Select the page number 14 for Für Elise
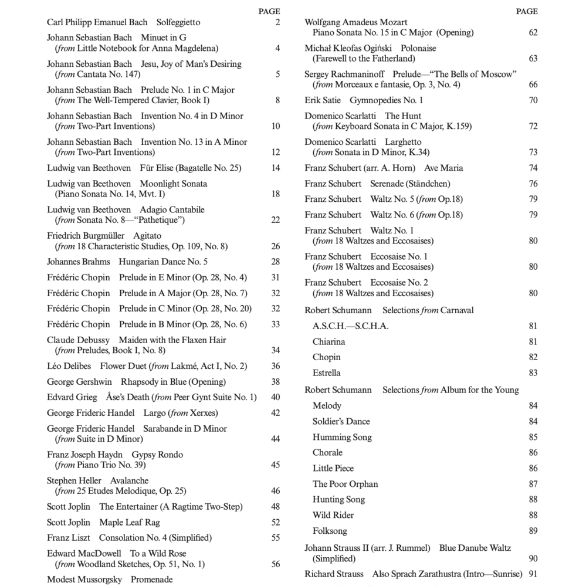pyautogui.click(x=276, y=168)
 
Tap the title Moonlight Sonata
pyautogui.click(x=173, y=184)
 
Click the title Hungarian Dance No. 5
pyautogui.click(x=163, y=262)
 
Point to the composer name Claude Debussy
pyautogui.click(x=78, y=340)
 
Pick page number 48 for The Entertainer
pyautogui.click(x=276, y=507)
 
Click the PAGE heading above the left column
pyautogui.click(x=269, y=11)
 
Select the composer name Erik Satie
pyautogui.click(x=323, y=100)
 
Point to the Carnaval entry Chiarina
pyautogui.click(x=328, y=341)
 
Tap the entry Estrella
pyautogui.click(x=326, y=372)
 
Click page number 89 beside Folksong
pyautogui.click(x=533, y=531)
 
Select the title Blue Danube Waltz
pyautogui.click(x=475, y=548)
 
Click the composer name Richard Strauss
pyautogui.click(x=334, y=574)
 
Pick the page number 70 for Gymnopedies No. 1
pyautogui.click(x=533, y=100)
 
